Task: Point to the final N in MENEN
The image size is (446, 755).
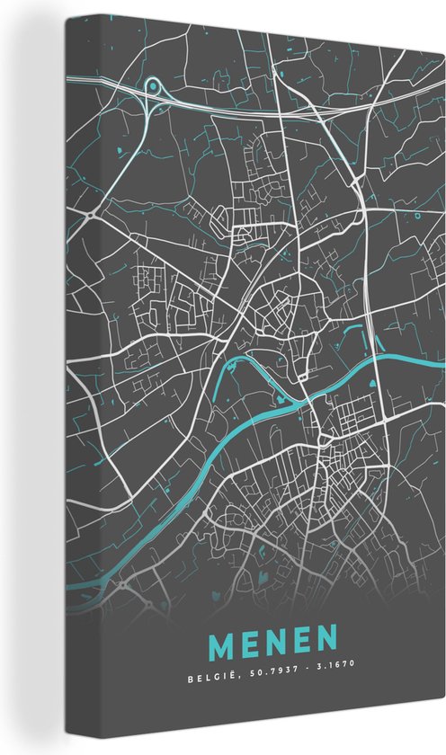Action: (x=329, y=642)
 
